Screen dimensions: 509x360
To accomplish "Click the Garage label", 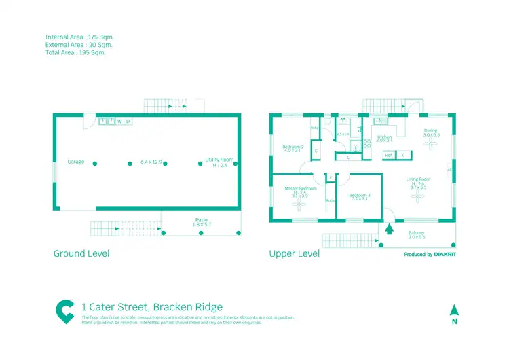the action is click(x=75, y=162).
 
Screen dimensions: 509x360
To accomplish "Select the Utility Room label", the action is click(x=219, y=160).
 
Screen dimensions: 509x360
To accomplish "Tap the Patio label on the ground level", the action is click(x=201, y=220).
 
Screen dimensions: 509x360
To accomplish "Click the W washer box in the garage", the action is click(x=119, y=122).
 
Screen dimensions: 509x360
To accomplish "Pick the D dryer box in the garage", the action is click(x=128, y=122).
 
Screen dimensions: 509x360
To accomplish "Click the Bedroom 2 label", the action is click(x=293, y=147).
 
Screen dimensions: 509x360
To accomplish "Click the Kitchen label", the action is click(x=384, y=137).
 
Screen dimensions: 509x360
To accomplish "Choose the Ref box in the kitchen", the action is click(x=389, y=155).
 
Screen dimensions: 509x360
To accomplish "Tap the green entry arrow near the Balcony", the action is click(x=390, y=228).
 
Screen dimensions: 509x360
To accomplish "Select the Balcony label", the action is click(x=417, y=234).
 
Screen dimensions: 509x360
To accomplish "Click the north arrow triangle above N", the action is click(x=454, y=309).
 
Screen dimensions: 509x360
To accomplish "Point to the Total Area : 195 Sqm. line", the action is click(x=75, y=52).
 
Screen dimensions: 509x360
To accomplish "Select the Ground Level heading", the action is click(x=81, y=253).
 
